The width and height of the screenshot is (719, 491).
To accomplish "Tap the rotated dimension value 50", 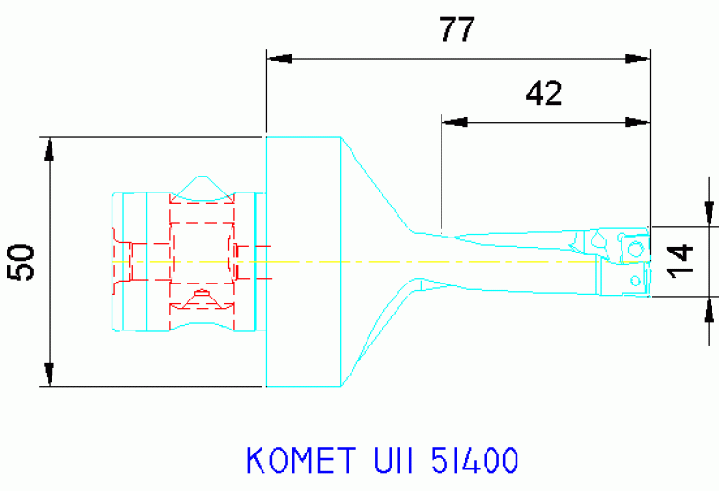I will click(x=22, y=261).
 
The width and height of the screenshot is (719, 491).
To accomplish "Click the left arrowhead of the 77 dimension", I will click(x=279, y=58).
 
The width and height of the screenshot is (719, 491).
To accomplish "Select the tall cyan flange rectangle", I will click(x=303, y=261).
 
